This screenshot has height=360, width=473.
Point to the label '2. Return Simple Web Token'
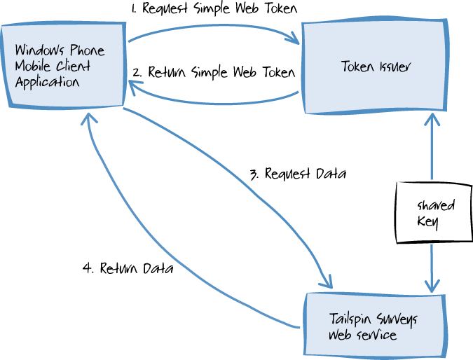(x=214, y=72)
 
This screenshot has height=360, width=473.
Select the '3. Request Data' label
(x=299, y=173)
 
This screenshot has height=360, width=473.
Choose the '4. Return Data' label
(x=128, y=268)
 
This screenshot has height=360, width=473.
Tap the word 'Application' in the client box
(x=46, y=82)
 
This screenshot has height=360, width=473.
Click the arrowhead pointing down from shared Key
(x=432, y=286)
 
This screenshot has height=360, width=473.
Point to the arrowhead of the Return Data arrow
(x=89, y=119)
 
